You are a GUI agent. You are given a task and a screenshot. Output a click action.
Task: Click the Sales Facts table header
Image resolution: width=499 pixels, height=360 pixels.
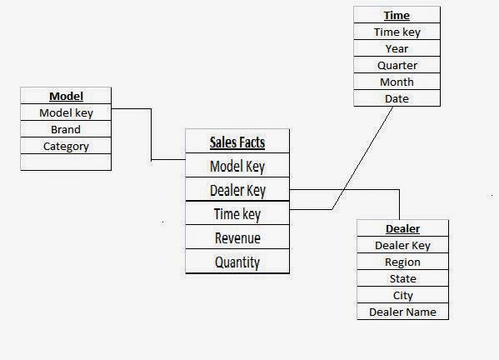(237, 142)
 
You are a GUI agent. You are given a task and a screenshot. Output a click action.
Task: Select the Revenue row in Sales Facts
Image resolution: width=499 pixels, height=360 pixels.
(237, 238)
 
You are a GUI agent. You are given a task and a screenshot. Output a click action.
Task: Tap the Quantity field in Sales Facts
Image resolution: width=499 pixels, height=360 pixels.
(237, 262)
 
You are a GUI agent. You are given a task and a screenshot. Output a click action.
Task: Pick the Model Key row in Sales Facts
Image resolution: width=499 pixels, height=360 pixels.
(237, 166)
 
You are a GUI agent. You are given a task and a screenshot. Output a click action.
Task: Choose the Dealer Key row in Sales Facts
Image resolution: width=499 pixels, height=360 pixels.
(237, 190)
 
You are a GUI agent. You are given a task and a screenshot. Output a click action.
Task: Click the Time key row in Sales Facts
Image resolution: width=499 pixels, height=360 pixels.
(237, 214)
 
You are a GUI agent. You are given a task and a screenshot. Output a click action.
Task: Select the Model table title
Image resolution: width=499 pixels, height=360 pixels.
(66, 96)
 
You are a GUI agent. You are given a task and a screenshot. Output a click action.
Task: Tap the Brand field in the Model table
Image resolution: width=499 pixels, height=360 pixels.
(66, 129)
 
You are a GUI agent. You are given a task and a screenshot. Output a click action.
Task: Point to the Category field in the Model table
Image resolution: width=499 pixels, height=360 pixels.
(66, 146)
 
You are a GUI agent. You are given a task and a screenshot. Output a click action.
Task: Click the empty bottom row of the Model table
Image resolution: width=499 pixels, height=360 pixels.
(66, 162)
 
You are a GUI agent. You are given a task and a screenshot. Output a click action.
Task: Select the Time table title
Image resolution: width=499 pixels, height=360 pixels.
(397, 15)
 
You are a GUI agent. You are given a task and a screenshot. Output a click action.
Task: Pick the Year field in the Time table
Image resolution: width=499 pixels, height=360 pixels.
(397, 48)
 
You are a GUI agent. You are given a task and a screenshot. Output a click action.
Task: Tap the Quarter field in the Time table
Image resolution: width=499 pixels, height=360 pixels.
(397, 65)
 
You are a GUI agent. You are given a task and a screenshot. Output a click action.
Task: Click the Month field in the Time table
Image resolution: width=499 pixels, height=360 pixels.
(397, 82)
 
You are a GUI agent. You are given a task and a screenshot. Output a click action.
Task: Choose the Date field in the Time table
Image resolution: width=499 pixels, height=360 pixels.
(397, 98)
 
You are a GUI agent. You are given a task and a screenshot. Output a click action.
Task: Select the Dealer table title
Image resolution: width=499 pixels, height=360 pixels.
(402, 228)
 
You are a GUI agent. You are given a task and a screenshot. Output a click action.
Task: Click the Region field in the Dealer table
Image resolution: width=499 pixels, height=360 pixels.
(402, 262)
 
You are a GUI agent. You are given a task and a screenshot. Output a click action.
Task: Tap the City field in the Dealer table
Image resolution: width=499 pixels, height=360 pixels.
(402, 295)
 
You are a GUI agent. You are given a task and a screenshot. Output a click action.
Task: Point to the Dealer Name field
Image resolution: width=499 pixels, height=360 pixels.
(402, 312)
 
